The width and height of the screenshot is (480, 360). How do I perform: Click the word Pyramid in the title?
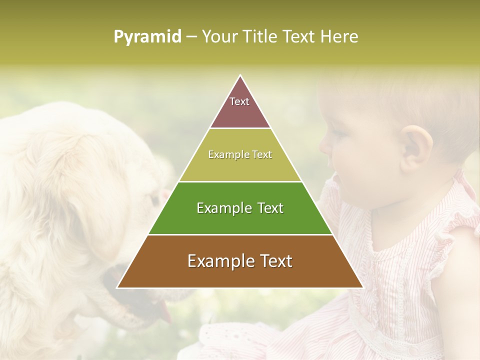[147, 37]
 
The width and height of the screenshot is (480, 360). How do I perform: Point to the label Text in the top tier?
[239, 101]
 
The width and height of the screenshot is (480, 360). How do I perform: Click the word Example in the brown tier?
[216, 261]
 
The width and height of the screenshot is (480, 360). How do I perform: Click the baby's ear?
[416, 147]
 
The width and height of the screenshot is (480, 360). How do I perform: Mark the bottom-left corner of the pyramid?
[117, 287]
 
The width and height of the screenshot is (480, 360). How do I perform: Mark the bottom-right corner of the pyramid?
[363, 287]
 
